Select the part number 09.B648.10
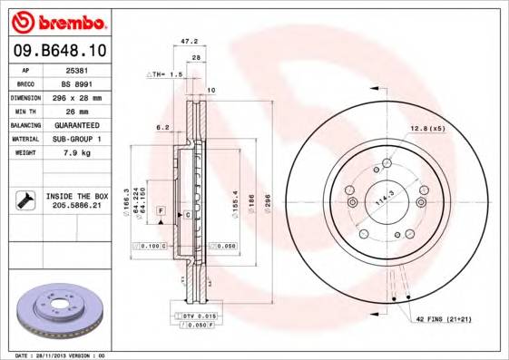click(59, 49)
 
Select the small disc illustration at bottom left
click(60, 310)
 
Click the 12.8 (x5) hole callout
click(427, 128)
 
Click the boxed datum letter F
click(161, 209)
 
